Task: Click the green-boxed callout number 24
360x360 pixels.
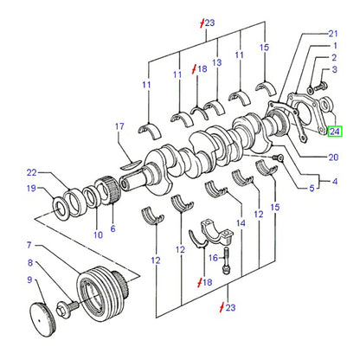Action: click(x=335, y=132)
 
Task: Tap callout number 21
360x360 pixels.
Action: click(x=333, y=34)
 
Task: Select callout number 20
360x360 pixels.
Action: click(x=333, y=157)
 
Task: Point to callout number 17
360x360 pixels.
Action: click(x=119, y=126)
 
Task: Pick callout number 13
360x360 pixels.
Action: click(x=216, y=62)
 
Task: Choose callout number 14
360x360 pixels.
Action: click(x=241, y=223)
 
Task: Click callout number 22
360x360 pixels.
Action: click(x=32, y=172)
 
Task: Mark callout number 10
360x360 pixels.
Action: click(x=98, y=235)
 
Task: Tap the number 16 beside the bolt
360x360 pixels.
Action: click(x=213, y=257)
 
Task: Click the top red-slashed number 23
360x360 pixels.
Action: click(x=208, y=22)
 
